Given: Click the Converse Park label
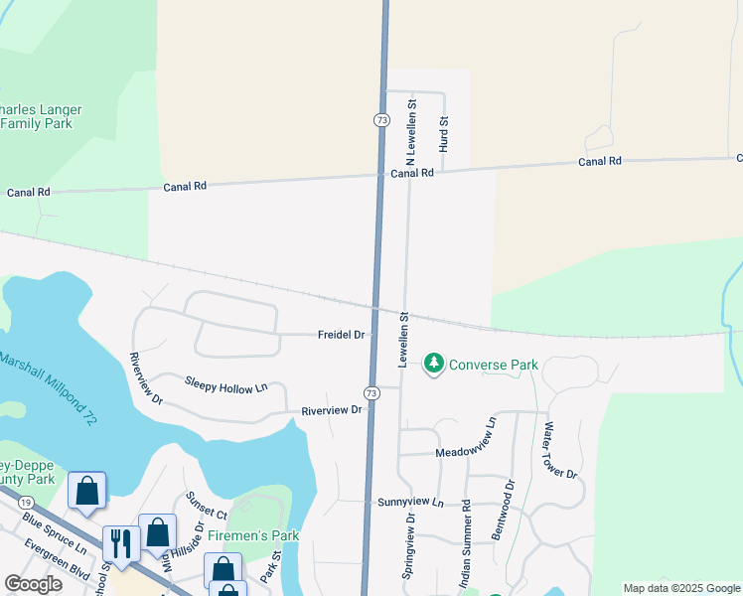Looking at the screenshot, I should [x=494, y=365].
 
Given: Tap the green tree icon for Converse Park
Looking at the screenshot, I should [x=433, y=365].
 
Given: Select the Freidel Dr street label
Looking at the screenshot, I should [x=342, y=336].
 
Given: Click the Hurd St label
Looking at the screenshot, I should [x=444, y=134].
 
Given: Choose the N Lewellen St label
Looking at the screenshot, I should [x=410, y=131].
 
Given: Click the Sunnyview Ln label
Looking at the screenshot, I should [x=410, y=503].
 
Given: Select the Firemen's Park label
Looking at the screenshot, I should [x=253, y=535].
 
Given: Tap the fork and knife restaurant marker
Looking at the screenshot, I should [x=121, y=543].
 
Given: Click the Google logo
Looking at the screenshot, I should [x=33, y=584].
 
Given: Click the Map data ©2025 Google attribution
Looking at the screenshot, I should [x=680, y=588].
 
